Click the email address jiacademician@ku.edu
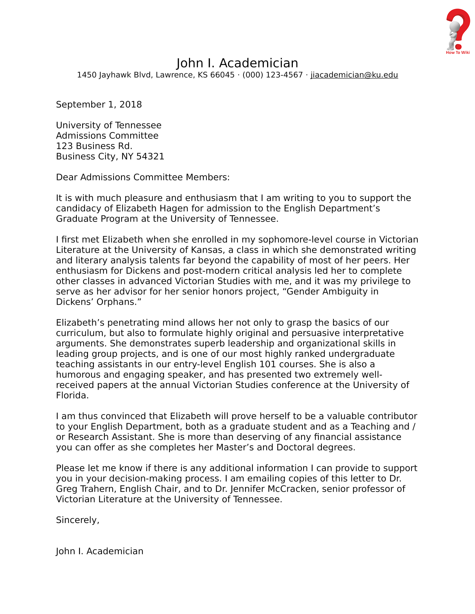pyautogui.click(x=354, y=75)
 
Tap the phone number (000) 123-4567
pyautogui.click(x=272, y=75)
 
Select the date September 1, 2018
pyautogui.click(x=99, y=105)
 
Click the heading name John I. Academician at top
pyautogui.click(x=237, y=63)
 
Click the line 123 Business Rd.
pyautogui.click(x=94, y=146)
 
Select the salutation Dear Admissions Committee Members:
pyautogui.click(x=143, y=178)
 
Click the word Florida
pyautogui.click(x=72, y=395)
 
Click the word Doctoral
pyautogui.click(x=295, y=448)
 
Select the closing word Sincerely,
pyautogui.click(x=78, y=520)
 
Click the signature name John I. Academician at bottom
pyautogui.click(x=100, y=551)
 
